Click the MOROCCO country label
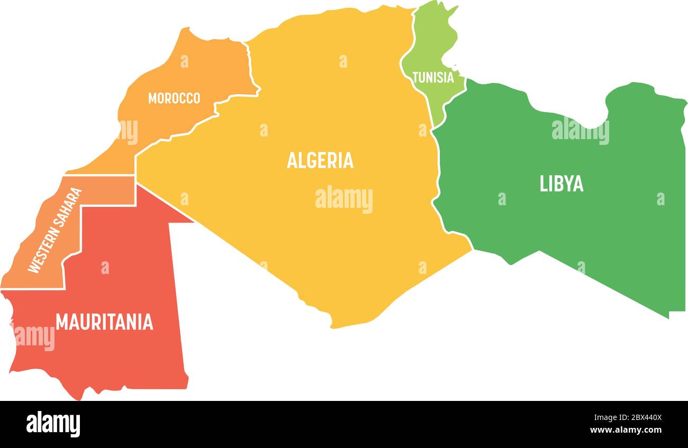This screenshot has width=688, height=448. pos(174,98)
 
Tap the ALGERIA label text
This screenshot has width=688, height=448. pos(320,160)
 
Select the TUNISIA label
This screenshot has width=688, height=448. pos(433,78)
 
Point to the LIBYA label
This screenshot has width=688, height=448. pos(562,184)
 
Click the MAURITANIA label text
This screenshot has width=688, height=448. pos(104,322)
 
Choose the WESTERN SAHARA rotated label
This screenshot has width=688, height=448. pos(55,231)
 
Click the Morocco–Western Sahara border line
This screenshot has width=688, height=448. pos(101,175)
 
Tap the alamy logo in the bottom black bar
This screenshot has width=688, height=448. pos(53,424)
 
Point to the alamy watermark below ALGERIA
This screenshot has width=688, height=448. pos(344,199)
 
